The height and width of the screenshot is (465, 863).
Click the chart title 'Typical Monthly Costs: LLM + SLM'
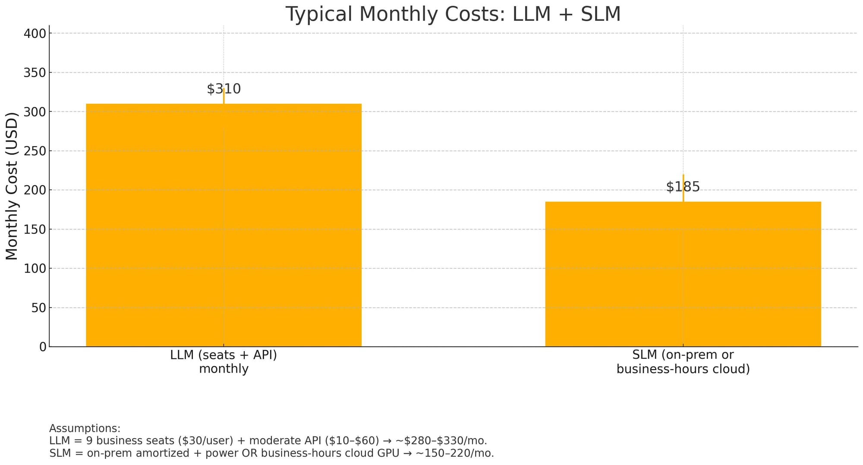pos(453,14)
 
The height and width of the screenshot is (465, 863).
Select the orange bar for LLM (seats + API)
pos(224,224)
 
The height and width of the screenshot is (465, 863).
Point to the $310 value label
pos(224,89)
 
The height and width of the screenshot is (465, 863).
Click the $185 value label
pos(683,187)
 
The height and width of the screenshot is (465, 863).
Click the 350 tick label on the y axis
pos(34,73)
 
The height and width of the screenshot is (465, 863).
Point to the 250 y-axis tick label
pos(34,151)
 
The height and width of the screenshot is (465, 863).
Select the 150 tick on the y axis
pos(34,229)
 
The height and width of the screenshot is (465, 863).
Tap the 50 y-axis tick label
pos(38,308)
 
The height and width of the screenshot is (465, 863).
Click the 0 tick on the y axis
pos(42,347)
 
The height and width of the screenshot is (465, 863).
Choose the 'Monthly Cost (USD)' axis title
pos(12,185)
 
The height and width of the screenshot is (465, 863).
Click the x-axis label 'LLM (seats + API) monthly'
pos(224,362)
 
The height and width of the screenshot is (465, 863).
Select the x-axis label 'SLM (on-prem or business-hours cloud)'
pos(683,362)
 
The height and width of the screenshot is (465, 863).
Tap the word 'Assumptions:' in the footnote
pos(85,428)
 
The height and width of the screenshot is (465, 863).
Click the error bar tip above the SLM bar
pos(683,175)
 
